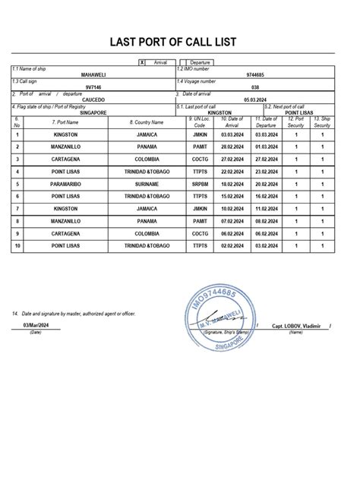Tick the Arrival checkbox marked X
[x=142, y=62]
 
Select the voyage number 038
[x=256, y=87]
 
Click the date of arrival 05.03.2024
[x=257, y=99]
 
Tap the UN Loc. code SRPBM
[x=200, y=183]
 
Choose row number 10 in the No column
[x=17, y=245]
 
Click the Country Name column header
[x=147, y=122]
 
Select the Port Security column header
[x=295, y=122]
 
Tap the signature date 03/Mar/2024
[x=35, y=325]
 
